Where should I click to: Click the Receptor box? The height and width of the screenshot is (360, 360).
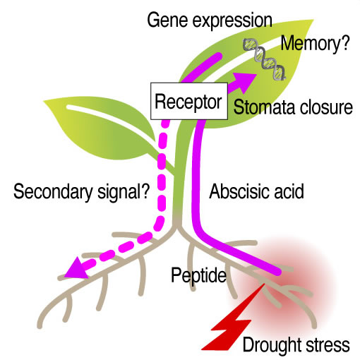(189, 101)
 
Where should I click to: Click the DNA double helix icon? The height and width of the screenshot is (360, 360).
(265, 59)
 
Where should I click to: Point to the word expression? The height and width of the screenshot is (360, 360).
(232, 22)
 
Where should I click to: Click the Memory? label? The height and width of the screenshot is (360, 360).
(316, 44)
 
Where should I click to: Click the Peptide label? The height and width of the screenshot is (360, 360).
(198, 275)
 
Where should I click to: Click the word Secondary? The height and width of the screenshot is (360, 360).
(53, 192)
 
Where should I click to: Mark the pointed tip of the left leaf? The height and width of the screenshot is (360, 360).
(44, 101)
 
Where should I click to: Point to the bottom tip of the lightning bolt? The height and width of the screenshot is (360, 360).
(203, 349)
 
